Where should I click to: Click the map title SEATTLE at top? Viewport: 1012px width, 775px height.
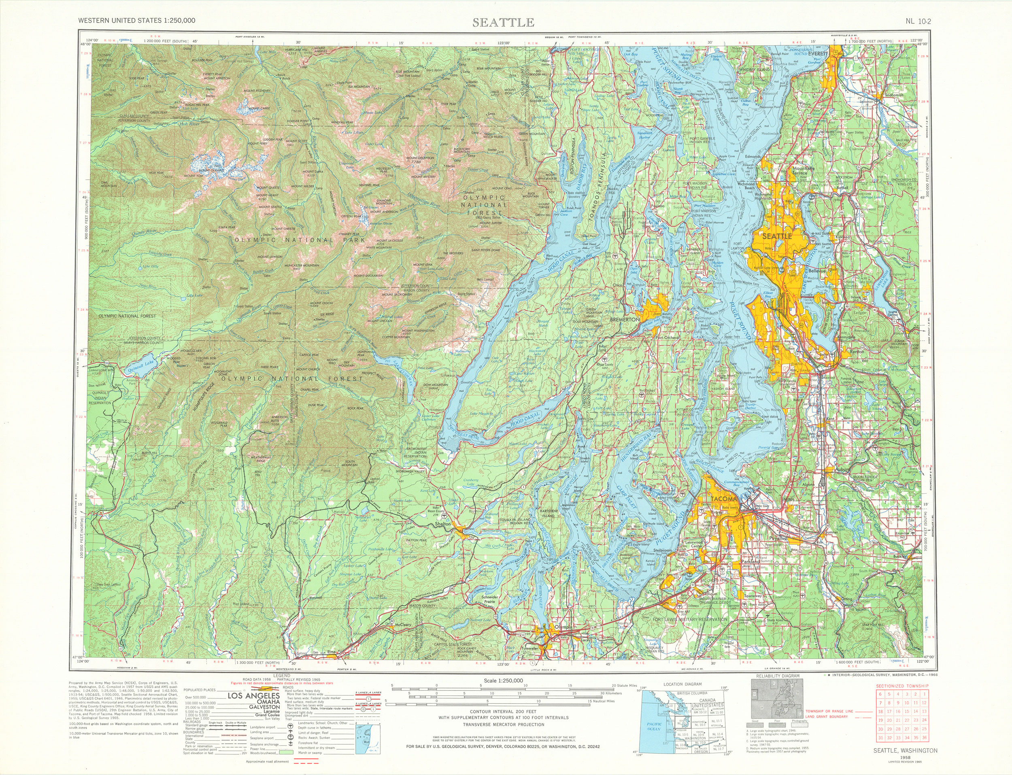tap(504, 22)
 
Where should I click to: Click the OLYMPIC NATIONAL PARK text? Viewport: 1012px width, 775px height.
tap(300, 240)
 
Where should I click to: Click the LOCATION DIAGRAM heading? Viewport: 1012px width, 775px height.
tap(682, 685)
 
